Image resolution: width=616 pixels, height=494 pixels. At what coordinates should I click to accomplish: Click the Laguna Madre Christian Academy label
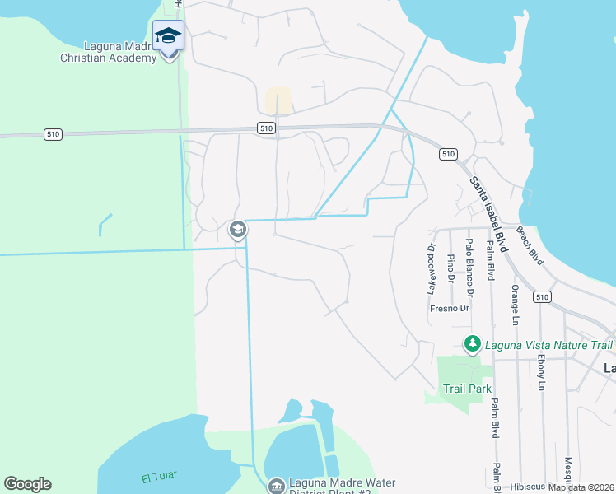108,53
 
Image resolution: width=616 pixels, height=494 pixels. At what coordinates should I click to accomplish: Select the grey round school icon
238,230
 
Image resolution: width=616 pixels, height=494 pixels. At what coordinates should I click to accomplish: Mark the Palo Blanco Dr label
469,268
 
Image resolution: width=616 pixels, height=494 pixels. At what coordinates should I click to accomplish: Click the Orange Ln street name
515,304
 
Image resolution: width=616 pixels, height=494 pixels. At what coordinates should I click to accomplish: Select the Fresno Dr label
449,309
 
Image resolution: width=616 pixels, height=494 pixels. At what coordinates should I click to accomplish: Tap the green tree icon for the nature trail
473,343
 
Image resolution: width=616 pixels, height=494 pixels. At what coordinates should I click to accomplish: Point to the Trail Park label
467,388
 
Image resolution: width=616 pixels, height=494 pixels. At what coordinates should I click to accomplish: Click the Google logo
27,484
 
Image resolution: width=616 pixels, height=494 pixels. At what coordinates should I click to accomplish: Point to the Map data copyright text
581,487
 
